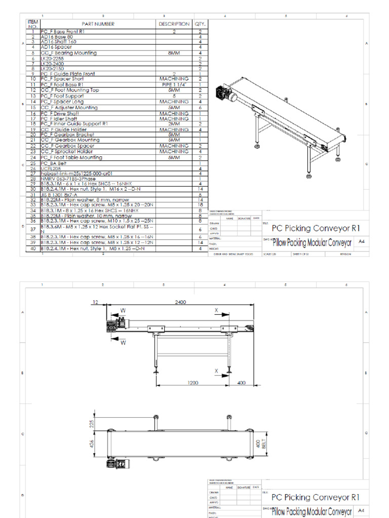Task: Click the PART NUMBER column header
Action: click(98, 24)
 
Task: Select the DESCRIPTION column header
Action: click(174, 24)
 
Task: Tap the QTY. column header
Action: click(200, 24)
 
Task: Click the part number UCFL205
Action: click(50, 168)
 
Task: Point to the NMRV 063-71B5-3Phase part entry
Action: click(65, 179)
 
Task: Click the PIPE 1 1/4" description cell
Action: click(174, 84)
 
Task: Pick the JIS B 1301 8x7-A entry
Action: click(59, 194)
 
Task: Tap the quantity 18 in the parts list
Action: click(200, 204)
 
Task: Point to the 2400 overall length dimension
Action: click(180, 302)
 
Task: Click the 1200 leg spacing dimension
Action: click(192, 383)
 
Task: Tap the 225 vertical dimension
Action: click(92, 423)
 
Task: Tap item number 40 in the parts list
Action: click(32, 248)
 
